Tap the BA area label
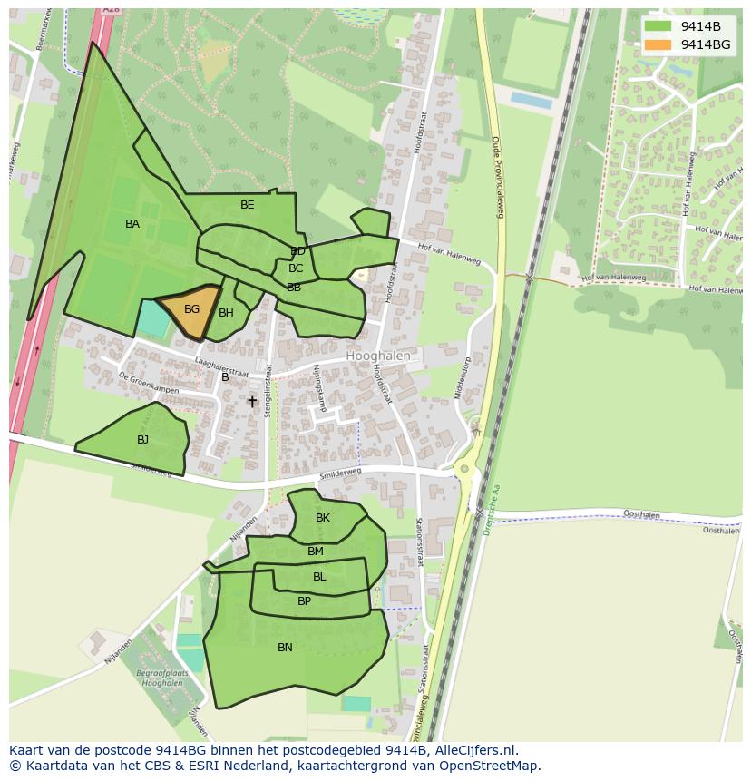132,224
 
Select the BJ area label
142,440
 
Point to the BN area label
285,648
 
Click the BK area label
323,518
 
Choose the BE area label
248,205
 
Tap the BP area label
304,601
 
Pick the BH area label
226,313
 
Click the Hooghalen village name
378,356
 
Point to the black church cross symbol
252,401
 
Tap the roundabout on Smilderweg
464,469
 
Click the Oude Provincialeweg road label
497,177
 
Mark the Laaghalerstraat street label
221,366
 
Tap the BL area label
319,577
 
